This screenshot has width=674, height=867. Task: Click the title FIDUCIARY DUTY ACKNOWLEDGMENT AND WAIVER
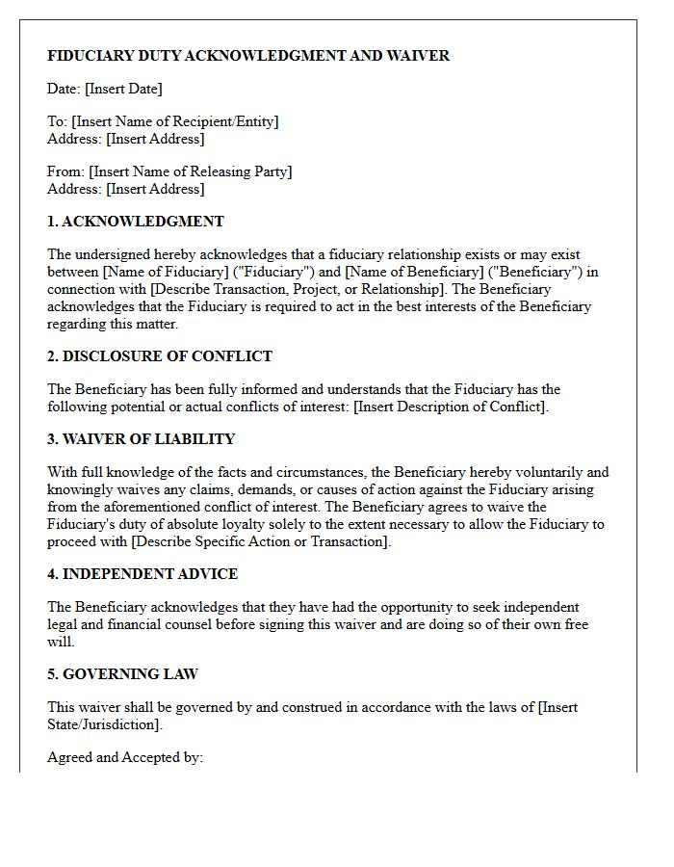click(248, 56)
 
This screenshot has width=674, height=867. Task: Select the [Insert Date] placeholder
click(123, 89)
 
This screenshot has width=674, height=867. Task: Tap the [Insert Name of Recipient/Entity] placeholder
click(174, 121)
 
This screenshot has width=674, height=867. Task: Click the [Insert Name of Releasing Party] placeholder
click(190, 171)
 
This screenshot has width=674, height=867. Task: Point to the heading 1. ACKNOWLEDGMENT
click(136, 222)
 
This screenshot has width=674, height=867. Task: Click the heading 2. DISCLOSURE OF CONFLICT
click(160, 356)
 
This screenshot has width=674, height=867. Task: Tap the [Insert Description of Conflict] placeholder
click(450, 407)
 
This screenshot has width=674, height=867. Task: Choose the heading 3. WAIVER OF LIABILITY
click(142, 439)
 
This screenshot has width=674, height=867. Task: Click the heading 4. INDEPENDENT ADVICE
click(143, 574)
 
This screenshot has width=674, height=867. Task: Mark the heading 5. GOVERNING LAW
click(123, 674)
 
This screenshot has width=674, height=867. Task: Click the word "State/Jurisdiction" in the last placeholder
click(103, 724)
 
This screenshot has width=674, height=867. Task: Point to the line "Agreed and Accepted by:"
click(125, 757)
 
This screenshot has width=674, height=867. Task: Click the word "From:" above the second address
click(65, 171)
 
